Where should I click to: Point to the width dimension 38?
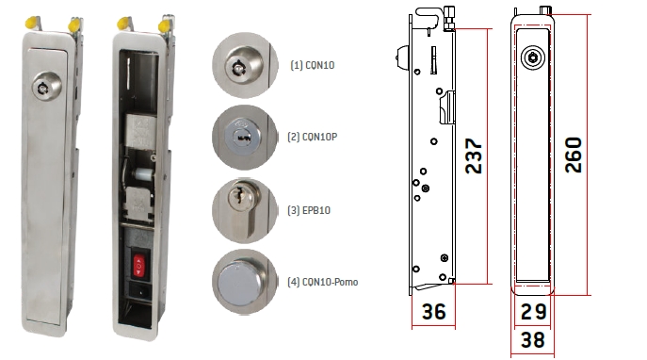coord(532,340)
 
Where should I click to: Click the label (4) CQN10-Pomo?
coord(322,282)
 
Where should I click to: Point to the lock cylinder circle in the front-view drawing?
coord(534,57)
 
